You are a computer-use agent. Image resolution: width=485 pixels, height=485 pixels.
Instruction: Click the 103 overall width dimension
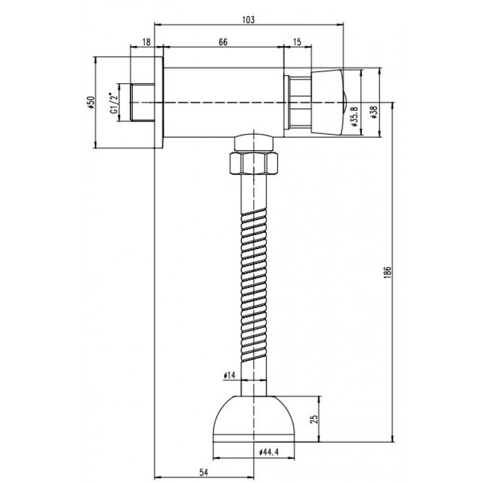tap(249, 19)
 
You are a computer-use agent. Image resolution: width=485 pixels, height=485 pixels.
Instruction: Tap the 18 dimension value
tap(146, 42)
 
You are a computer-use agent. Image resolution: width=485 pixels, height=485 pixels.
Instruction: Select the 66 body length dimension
tap(223, 42)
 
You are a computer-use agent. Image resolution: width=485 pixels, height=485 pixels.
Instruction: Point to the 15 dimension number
tap(297, 42)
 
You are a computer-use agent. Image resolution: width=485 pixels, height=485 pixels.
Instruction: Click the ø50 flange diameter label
tap(91, 102)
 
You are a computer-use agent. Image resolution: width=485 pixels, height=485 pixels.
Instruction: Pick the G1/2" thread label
tap(113, 102)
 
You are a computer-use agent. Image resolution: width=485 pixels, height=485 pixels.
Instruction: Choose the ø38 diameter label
tap(374, 113)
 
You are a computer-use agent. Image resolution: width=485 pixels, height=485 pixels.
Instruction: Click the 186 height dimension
tap(389, 272)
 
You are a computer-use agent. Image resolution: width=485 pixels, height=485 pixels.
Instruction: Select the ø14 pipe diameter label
tap(230, 375)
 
